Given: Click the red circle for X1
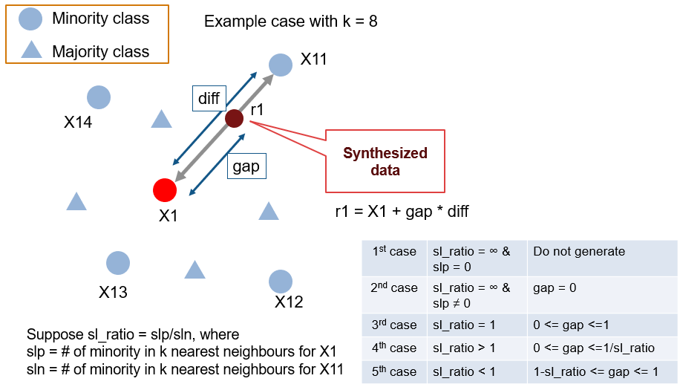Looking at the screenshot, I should point(164,190).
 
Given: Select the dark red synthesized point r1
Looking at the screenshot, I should point(235,118).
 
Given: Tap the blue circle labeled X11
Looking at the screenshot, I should point(280,65).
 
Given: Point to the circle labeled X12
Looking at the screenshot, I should point(280,282).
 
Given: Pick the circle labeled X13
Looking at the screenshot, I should point(118,263).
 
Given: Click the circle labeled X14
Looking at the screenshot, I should point(99,97).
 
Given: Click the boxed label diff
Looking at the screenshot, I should point(209,98).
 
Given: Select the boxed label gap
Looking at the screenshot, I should point(246,166).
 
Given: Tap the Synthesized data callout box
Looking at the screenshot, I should point(385,161).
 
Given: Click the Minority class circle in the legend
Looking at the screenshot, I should point(30,20).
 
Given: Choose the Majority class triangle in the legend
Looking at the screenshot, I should point(30,51).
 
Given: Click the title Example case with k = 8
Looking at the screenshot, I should point(290,22).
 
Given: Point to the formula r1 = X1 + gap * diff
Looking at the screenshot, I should point(402,212).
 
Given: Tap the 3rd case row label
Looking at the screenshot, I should point(394,325).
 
